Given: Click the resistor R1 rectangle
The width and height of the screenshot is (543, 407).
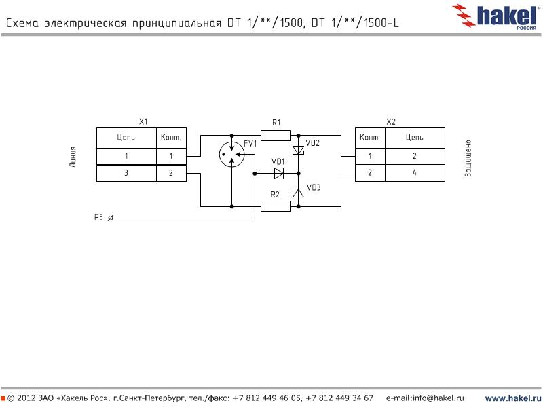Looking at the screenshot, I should point(276,135).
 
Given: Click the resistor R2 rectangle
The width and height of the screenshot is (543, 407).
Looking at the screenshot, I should point(276,206).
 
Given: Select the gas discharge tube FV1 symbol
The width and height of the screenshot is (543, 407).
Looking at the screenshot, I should point(231,156).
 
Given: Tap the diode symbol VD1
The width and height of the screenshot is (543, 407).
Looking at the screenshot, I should point(279,173).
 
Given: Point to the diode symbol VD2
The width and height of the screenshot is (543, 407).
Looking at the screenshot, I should point(298,150).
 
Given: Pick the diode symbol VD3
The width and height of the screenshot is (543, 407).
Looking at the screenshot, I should point(298,193).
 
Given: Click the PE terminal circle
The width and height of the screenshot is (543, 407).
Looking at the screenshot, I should point(111,218).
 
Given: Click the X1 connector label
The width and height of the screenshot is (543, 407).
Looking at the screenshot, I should point(143,121).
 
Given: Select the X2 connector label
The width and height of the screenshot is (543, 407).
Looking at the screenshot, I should point(390,121).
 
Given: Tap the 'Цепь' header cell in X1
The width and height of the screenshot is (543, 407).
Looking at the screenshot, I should point(126,137).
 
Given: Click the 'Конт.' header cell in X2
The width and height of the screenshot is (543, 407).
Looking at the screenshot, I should point(370,137).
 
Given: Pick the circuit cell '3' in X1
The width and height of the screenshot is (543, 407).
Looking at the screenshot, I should point(126,173).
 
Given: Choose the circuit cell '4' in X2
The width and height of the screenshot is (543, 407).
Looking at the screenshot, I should point(415,173).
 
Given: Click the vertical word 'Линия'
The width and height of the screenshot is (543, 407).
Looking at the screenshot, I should point(73,157).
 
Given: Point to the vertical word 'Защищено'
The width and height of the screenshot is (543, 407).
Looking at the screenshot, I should point(468,158).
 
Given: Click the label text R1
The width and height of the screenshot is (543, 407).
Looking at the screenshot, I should point(276,123).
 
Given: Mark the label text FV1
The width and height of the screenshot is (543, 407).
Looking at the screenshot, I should point(250,144).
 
